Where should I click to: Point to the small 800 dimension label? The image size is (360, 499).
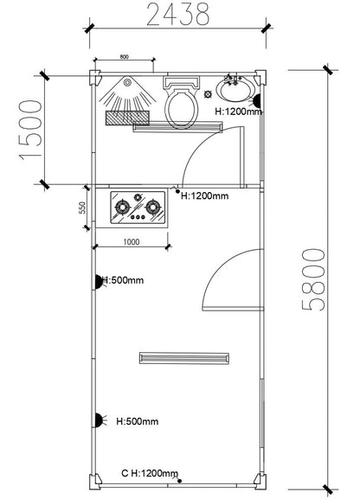point(124,57)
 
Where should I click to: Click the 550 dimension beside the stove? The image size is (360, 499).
point(82,208)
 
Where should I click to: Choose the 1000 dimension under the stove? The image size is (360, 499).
point(132,241)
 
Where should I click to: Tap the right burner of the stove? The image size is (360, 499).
point(153,207)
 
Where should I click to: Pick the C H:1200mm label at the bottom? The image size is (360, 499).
point(149,474)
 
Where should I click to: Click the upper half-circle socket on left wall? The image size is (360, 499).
point(98,280)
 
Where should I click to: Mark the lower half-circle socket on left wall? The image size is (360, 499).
point(98,421)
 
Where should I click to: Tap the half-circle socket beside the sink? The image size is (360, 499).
point(257,99)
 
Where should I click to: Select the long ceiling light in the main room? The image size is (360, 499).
point(183,356)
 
